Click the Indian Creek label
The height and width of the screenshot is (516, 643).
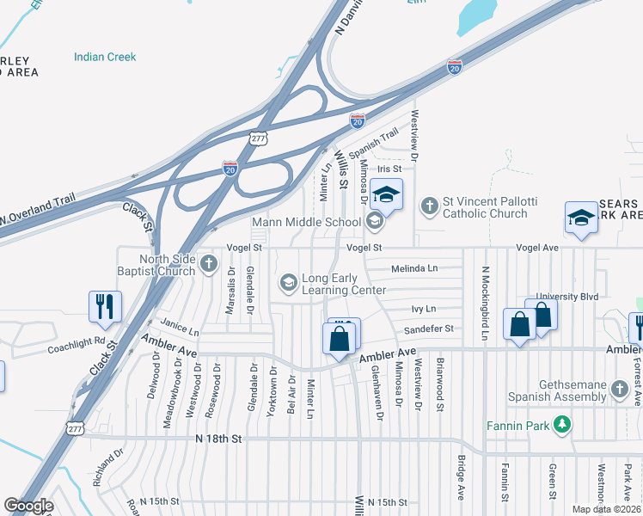tap(105, 57)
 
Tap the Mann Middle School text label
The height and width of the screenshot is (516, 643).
tap(306, 223)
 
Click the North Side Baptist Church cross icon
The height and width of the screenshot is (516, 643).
tap(209, 265)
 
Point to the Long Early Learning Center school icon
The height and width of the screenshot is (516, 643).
tap(288, 282)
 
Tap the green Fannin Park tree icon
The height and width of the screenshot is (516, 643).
tap(562, 423)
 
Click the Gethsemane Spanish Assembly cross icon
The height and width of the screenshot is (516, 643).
tap(619, 391)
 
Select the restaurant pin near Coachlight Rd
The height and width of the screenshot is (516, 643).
tap(105, 307)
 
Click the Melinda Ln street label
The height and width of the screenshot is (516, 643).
tap(414, 268)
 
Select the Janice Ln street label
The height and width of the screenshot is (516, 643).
tap(181, 330)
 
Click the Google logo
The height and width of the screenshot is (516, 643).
tap(29, 506)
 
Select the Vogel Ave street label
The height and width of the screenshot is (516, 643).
tap(537, 248)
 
